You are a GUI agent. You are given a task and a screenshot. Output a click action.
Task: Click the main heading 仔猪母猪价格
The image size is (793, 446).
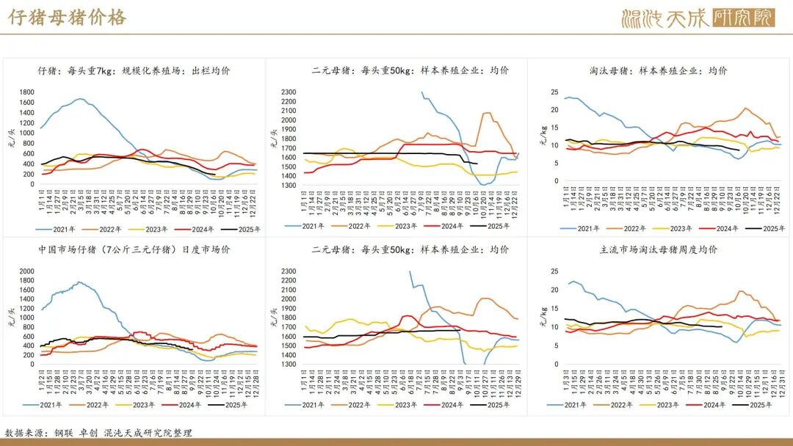68,18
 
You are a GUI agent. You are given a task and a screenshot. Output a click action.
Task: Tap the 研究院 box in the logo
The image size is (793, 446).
743,18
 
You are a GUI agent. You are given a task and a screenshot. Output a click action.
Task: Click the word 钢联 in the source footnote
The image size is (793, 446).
64,433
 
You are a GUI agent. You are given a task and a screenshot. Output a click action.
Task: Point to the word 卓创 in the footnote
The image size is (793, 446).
90,433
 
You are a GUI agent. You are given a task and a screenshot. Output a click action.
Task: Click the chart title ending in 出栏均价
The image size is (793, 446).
134,71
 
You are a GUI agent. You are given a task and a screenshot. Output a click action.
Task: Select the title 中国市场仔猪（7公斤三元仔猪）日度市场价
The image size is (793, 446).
134,249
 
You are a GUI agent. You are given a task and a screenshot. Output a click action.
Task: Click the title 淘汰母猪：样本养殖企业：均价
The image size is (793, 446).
658,71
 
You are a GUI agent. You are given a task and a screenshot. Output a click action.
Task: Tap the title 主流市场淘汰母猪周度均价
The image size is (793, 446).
658,249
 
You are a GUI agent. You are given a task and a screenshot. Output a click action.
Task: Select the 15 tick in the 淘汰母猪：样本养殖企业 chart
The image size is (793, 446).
555,128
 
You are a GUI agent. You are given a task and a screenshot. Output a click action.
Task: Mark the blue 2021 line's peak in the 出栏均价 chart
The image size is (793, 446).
79,98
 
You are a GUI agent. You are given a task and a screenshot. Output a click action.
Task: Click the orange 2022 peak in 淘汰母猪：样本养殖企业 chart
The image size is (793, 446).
745,109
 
